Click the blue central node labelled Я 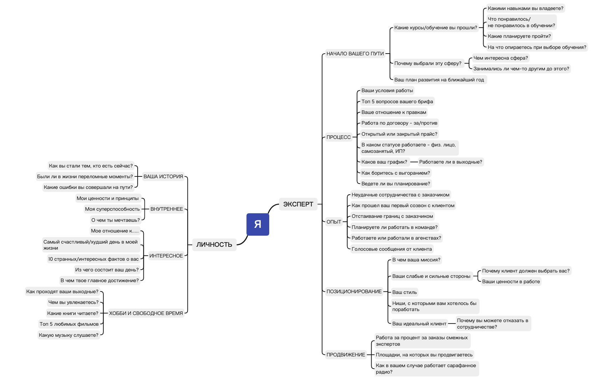[257, 224]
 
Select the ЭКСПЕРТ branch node [298, 204]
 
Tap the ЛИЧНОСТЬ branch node [214, 245]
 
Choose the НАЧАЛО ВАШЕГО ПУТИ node [355, 54]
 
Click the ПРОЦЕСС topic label [338, 137]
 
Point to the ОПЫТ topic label [334, 222]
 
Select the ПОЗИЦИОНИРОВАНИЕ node [354, 291]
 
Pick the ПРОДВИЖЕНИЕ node [346, 355]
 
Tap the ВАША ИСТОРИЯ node [163, 176]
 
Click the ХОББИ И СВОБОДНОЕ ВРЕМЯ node [146, 313]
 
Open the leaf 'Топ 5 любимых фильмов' [69, 324]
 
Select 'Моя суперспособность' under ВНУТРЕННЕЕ [112, 209]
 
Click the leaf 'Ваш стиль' [404, 292]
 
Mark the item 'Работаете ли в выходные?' [450, 162]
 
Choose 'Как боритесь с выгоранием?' [395, 173]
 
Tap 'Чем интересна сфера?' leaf [501, 58]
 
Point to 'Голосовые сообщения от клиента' [392, 249]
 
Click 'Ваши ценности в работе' [511, 281]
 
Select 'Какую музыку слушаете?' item [68, 335]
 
